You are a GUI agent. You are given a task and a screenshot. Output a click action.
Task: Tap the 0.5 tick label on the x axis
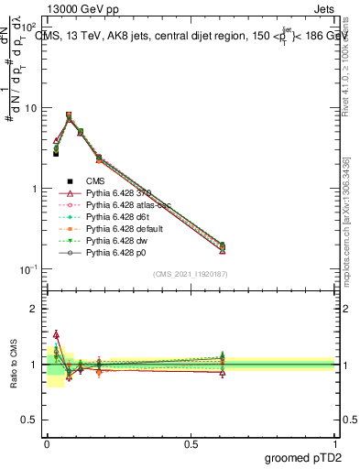pyautogui.click(x=191, y=443)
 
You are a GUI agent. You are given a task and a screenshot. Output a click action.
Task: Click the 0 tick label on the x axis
pyautogui.click(x=47, y=443)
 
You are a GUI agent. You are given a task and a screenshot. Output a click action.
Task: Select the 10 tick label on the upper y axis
pyautogui.click(x=33, y=108)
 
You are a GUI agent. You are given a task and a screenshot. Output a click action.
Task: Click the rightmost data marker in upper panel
pyautogui.click(x=223, y=246)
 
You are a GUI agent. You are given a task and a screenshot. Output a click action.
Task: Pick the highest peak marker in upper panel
pyautogui.click(x=69, y=115)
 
